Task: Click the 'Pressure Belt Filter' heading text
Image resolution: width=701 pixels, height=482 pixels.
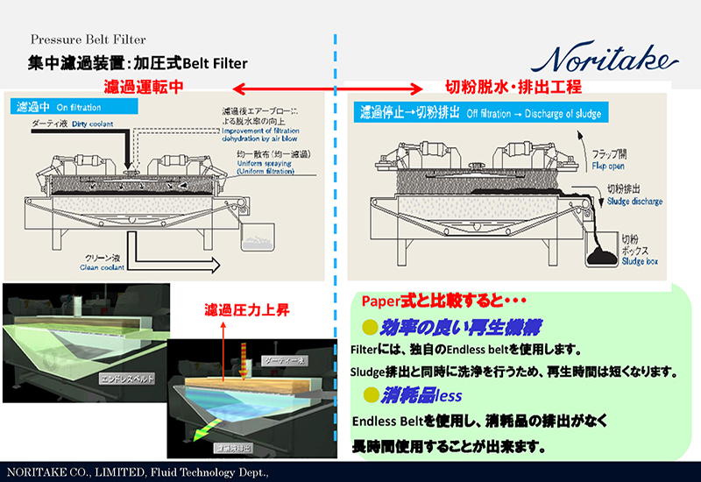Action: [88, 39]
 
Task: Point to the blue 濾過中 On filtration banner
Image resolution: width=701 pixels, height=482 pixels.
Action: [74, 107]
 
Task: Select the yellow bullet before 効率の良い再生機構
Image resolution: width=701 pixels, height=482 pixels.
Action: [370, 327]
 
